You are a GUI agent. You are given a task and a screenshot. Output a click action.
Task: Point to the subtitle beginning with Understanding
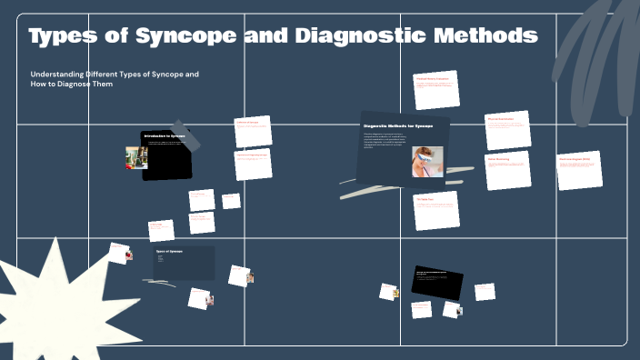tap(115, 78)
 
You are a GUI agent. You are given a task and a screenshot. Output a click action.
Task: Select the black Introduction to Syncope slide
tap(168, 155)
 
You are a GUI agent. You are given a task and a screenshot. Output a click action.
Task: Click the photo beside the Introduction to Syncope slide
tap(136, 158)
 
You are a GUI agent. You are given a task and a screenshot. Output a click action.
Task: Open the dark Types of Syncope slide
tap(184, 263)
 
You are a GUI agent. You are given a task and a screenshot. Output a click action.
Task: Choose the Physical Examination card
tap(507, 130)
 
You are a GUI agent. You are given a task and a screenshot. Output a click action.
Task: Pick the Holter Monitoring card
tap(506, 170)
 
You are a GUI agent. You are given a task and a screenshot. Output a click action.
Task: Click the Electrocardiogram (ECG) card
tap(580, 170)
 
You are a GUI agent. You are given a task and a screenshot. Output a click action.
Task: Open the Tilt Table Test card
tap(435, 212)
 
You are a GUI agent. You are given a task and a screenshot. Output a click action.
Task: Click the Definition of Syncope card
tap(253, 133)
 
